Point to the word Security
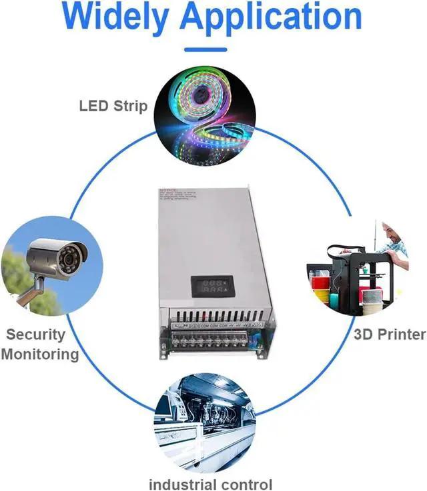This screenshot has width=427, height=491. [36, 334]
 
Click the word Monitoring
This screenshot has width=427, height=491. [40, 354]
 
